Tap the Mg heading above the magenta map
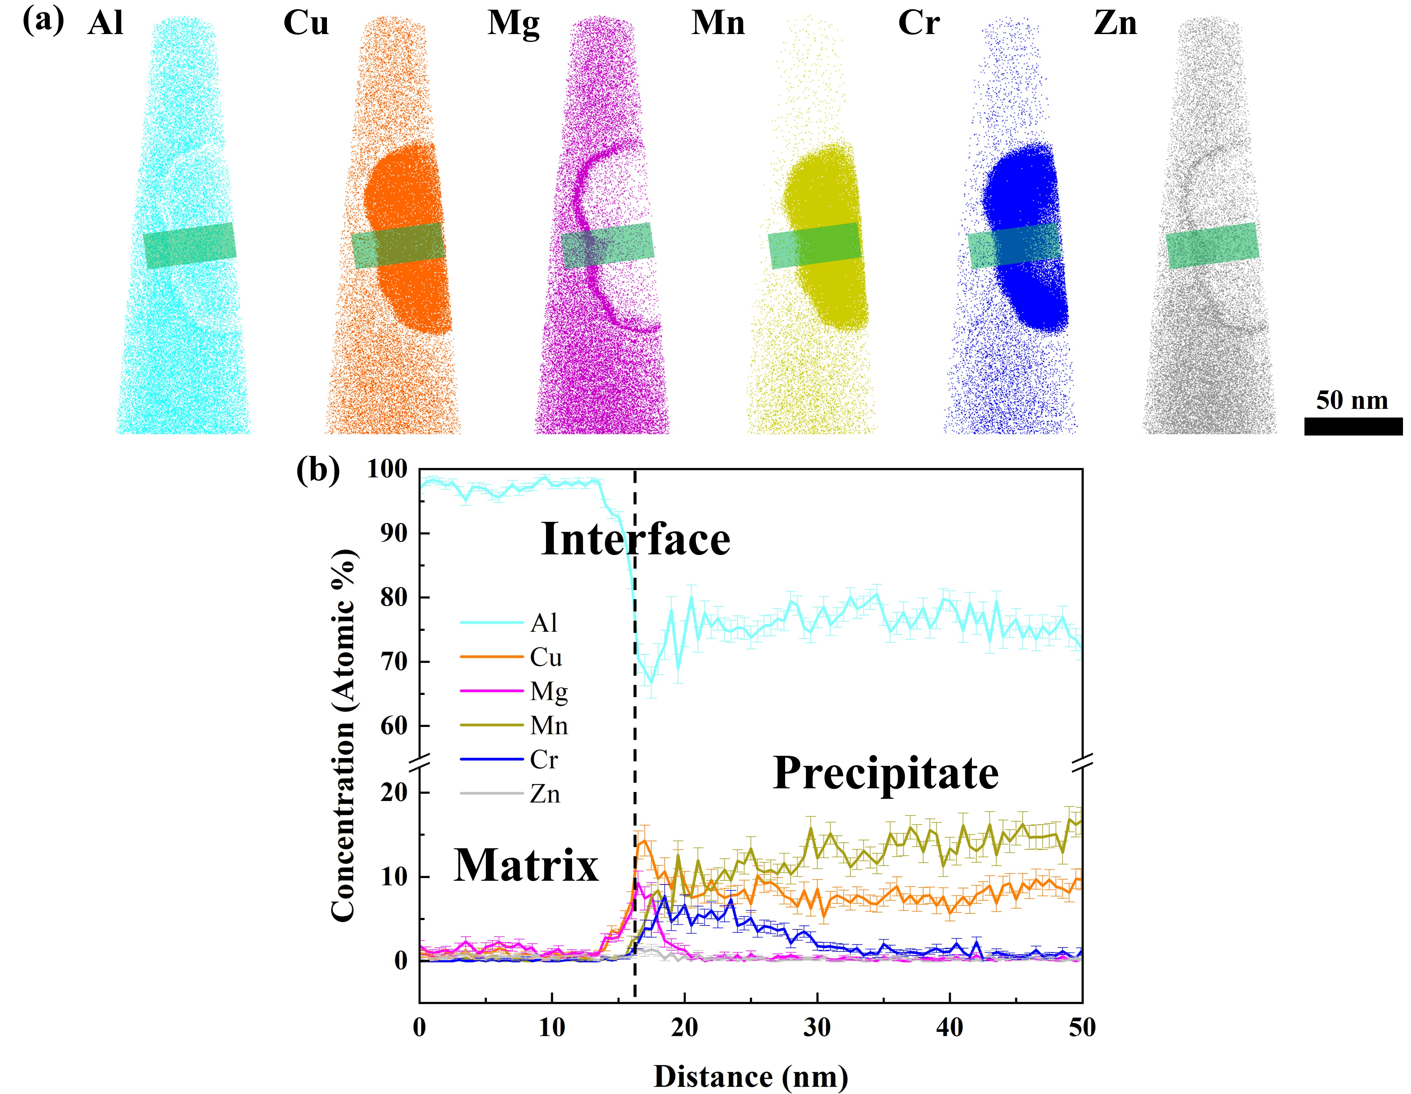coord(514,24)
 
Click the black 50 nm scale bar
coord(1353,426)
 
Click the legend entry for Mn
coord(548,725)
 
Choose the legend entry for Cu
coord(546,657)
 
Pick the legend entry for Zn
coord(545,794)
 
